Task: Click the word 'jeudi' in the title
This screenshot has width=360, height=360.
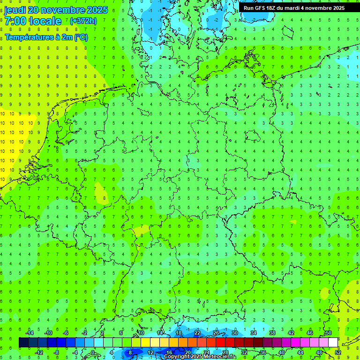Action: [15, 10]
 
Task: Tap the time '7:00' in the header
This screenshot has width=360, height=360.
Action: [15, 21]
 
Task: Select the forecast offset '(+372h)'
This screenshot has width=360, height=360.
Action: [83, 21]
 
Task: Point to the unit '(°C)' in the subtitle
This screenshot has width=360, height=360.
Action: [79, 37]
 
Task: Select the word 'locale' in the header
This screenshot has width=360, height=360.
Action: [45, 21]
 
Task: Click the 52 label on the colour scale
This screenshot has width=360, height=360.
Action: [338, 352]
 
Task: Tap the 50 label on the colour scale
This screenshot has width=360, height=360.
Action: [329, 333]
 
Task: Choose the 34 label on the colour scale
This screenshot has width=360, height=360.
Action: [254, 333]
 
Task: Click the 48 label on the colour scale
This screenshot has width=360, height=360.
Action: [319, 352]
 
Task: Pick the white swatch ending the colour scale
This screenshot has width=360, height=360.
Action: [333, 343]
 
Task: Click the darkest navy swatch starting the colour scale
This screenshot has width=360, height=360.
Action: [23, 343]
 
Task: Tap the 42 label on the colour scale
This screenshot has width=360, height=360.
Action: [291, 333]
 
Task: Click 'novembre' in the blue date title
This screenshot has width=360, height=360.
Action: [60, 10]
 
